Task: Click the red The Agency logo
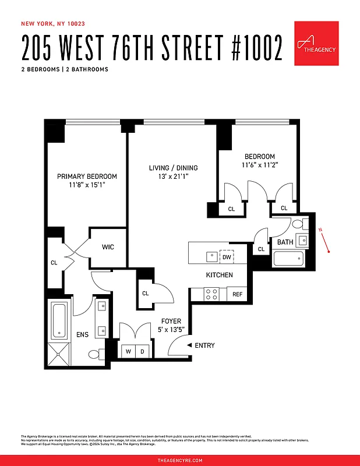[316, 43]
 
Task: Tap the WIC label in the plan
[108, 247]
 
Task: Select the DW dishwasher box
[226, 256]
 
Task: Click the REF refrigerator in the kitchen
[237, 294]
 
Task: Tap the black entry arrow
[189, 345]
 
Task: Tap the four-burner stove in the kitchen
[211, 294]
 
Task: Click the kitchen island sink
[211, 256]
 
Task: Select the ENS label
[83, 335]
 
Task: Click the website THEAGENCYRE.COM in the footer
[180, 460]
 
